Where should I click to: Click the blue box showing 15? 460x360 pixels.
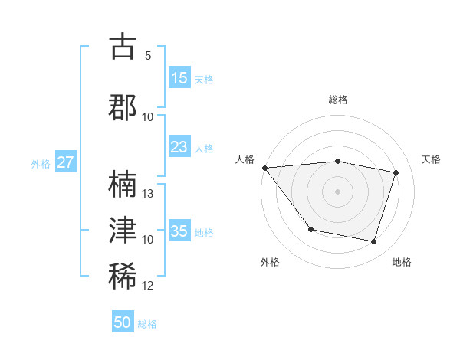pos(179,78)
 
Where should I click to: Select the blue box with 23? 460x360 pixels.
pos(179,147)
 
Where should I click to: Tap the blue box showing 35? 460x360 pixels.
pos(179,231)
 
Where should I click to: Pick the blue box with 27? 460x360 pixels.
pos(66,162)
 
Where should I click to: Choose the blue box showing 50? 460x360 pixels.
pos(123,322)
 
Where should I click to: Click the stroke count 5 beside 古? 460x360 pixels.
pos(148,56)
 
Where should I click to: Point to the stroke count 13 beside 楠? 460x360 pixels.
pos(149,194)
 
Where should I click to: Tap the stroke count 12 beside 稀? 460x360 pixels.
pos(149,286)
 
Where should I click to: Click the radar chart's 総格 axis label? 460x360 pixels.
pos(338,100)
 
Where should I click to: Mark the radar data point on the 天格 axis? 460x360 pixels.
pos(396,172)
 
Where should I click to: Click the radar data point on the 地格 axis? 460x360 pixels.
pos(373,241)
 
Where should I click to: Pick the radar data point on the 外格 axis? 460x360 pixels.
pos(310,229)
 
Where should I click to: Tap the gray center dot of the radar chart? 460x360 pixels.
pos(338,191)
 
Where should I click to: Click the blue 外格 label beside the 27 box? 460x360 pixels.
pos(41,163)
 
